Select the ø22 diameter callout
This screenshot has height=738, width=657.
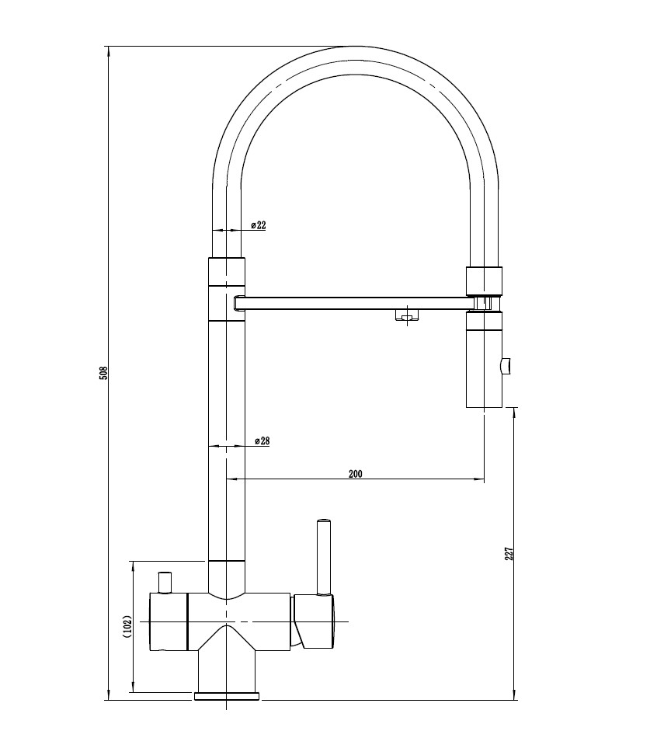click(258, 225)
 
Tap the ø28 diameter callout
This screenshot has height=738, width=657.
click(262, 441)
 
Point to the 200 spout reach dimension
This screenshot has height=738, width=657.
click(356, 473)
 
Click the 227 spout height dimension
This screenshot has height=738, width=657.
click(509, 553)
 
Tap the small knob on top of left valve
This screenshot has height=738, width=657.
click(164, 581)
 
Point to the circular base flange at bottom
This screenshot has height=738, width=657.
click(227, 695)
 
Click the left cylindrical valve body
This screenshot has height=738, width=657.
click(169, 621)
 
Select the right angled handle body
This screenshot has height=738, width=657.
click(315, 621)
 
